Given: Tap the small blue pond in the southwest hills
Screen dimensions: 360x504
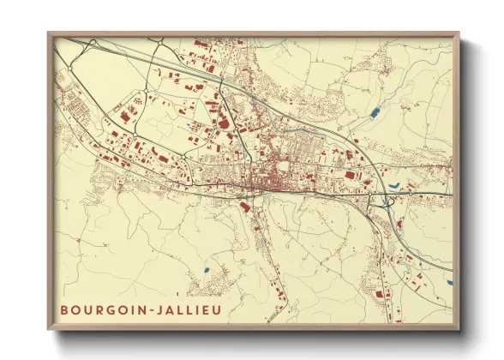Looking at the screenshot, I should pos(207,273).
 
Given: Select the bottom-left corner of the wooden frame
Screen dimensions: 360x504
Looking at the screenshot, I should pos(49,330).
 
